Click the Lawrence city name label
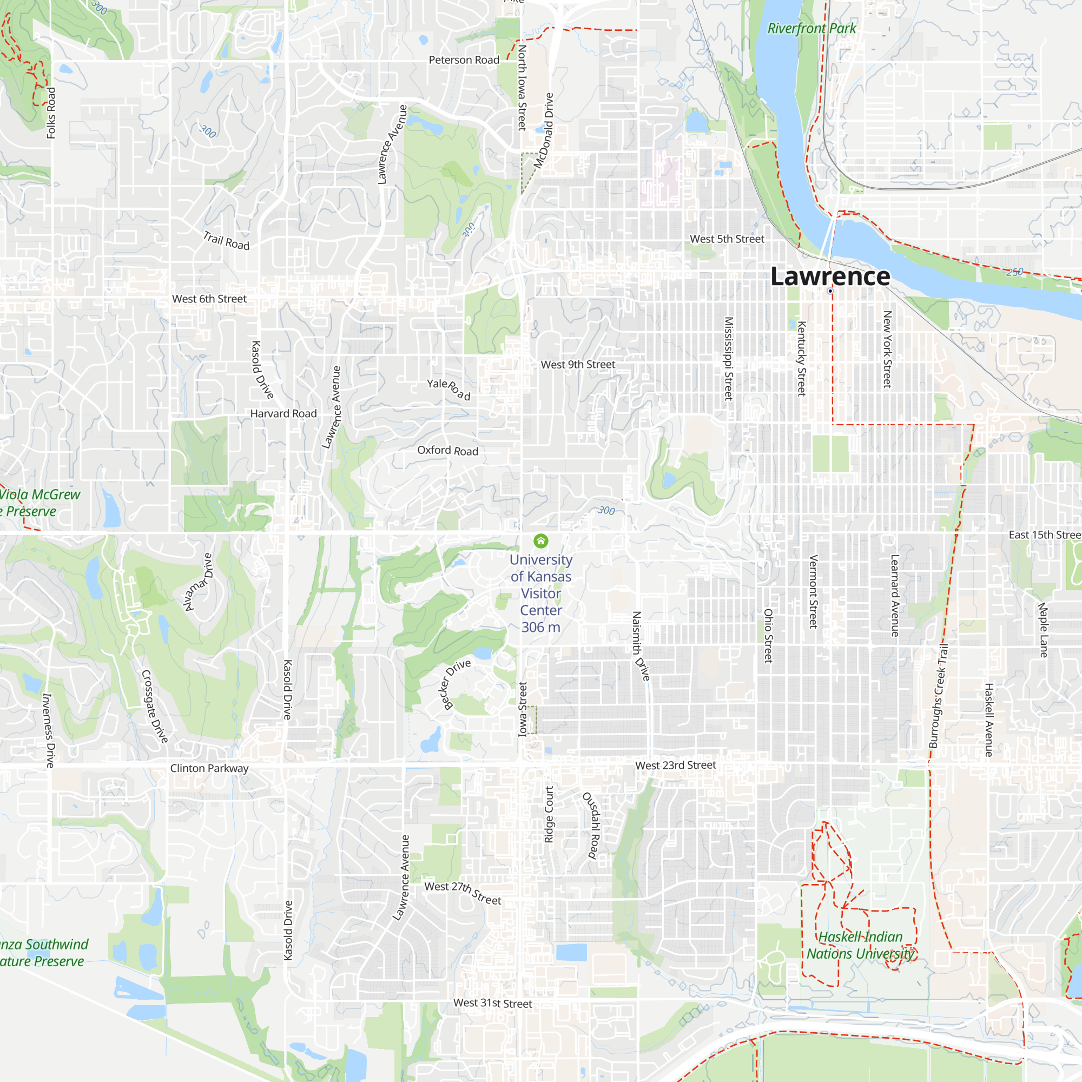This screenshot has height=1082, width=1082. [830, 276]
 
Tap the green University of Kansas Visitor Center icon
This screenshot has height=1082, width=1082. [540, 540]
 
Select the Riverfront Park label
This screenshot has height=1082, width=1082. [811, 28]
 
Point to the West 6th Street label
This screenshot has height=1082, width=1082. [209, 299]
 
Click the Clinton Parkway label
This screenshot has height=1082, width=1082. [209, 768]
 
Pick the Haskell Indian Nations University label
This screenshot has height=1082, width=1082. [860, 945]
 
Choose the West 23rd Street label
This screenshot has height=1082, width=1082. [675, 765]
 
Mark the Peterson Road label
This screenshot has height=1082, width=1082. [464, 60]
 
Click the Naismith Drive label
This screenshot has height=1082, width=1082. [641, 646]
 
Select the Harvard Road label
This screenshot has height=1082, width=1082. [283, 413]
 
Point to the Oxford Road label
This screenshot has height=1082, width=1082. [447, 450]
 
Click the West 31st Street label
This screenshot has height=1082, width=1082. [492, 1003]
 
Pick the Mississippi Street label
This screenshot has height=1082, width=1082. [729, 359]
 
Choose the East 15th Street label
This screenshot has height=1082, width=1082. [1044, 535]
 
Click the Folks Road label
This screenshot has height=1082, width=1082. [51, 113]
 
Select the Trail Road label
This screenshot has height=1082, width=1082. [226, 240]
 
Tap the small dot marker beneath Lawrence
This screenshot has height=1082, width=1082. [830, 291]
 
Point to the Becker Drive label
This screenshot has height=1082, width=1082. [457, 684]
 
